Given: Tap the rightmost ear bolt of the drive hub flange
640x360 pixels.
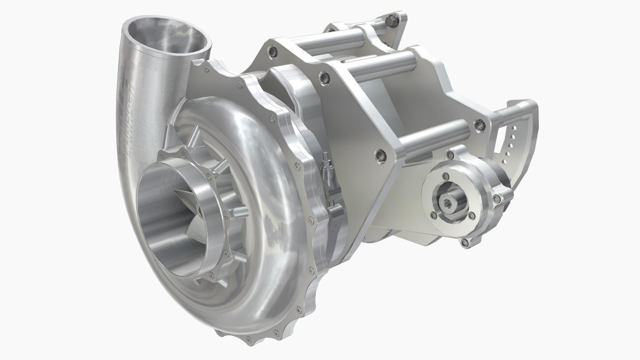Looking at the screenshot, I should tap(498, 199).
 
